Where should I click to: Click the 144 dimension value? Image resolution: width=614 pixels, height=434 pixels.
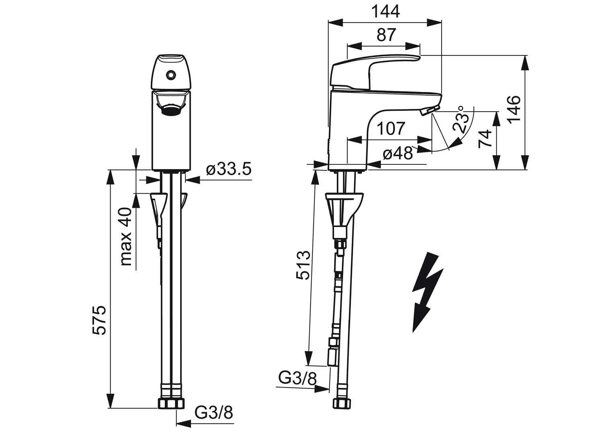tap(385, 12)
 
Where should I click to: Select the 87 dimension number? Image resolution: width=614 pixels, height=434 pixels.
tap(386, 35)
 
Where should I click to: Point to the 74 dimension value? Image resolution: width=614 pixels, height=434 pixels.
tap(485, 139)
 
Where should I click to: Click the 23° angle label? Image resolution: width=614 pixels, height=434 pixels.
tap(460, 120)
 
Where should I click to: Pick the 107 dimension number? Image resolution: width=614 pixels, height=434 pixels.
tap(391, 129)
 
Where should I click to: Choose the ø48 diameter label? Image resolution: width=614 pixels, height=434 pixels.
tap(397, 154)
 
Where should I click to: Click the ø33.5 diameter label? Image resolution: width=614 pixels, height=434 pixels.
tap(229, 169)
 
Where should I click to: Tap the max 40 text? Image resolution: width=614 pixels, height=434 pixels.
tap(126, 236)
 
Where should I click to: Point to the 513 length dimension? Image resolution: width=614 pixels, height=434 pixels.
tap(304, 265)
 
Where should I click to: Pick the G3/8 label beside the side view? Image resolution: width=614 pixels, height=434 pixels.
tap(298, 378)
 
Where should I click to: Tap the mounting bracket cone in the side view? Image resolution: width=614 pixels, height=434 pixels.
tap(344, 211)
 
